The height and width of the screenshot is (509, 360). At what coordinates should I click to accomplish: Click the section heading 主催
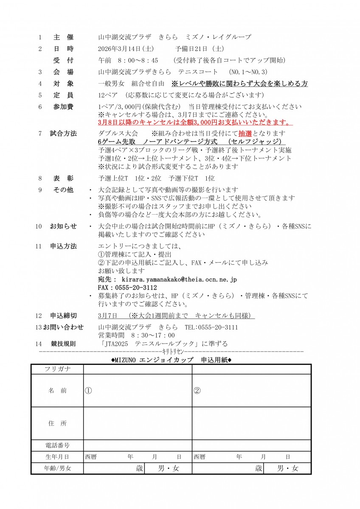coord(63,37)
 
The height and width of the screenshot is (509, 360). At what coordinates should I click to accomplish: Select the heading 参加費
coord(63,107)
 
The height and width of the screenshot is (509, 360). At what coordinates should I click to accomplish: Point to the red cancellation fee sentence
coord(195,123)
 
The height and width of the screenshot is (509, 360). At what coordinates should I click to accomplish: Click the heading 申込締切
coord(63,316)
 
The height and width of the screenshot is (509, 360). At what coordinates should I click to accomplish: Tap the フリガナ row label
coord(57,369)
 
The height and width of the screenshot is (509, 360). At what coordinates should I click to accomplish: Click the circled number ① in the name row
coord(88,391)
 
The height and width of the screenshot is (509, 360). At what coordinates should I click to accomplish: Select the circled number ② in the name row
coord(197,391)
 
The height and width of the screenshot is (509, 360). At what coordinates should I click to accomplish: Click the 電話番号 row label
coord(57,445)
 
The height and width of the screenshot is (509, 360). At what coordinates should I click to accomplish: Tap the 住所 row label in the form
coord(57,423)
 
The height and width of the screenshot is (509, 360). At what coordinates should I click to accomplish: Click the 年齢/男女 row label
coord(57,468)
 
